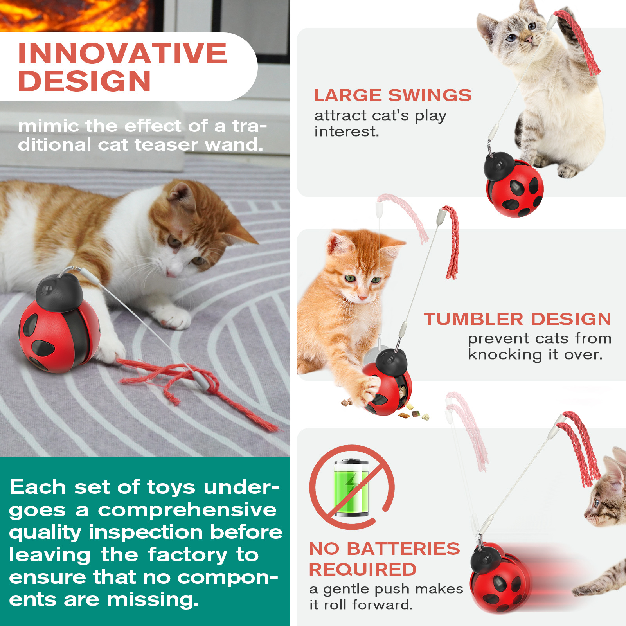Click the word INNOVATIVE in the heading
tap(122, 53)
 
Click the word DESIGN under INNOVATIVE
tap(85, 81)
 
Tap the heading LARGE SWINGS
tap(393, 95)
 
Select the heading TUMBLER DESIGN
tap(518, 319)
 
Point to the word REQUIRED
tap(363, 570)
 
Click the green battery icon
tap(351, 487)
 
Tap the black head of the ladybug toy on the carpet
tap(59, 293)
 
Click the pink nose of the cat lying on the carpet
tap(171, 274)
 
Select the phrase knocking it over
tap(535, 354)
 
